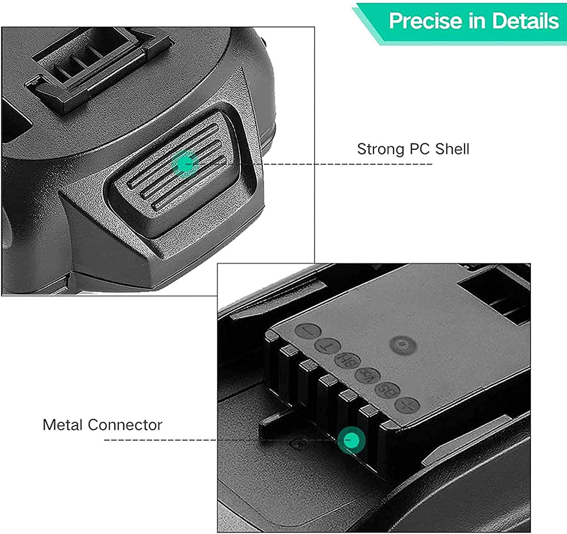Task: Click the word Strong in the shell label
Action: pyautogui.click(x=380, y=149)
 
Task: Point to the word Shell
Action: pyautogui.click(x=452, y=149)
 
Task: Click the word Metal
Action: pyautogui.click(x=64, y=425)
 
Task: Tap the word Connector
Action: pyautogui.click(x=126, y=425)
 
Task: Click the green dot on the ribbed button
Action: pyautogui.click(x=185, y=163)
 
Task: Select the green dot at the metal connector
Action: pyautogui.click(x=352, y=440)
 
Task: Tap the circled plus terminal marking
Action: pyautogui.click(x=407, y=405)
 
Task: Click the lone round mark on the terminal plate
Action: pyautogui.click(x=403, y=345)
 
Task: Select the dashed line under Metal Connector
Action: pyautogui.click(x=159, y=440)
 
